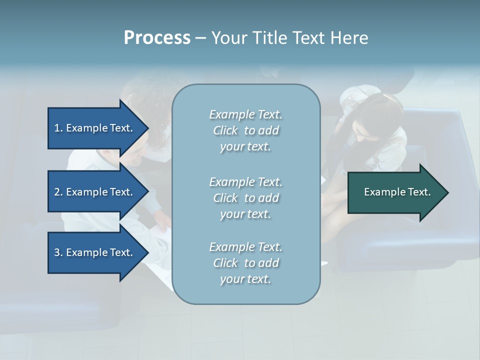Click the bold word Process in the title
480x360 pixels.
[157, 38]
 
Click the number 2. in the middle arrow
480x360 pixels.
[58, 192]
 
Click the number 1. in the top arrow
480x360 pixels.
[58, 128]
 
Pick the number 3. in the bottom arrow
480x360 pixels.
[58, 252]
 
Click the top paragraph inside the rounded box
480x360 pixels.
[245, 130]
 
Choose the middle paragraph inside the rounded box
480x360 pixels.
[245, 198]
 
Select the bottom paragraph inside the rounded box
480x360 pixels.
[245, 263]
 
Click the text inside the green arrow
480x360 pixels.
[397, 192]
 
